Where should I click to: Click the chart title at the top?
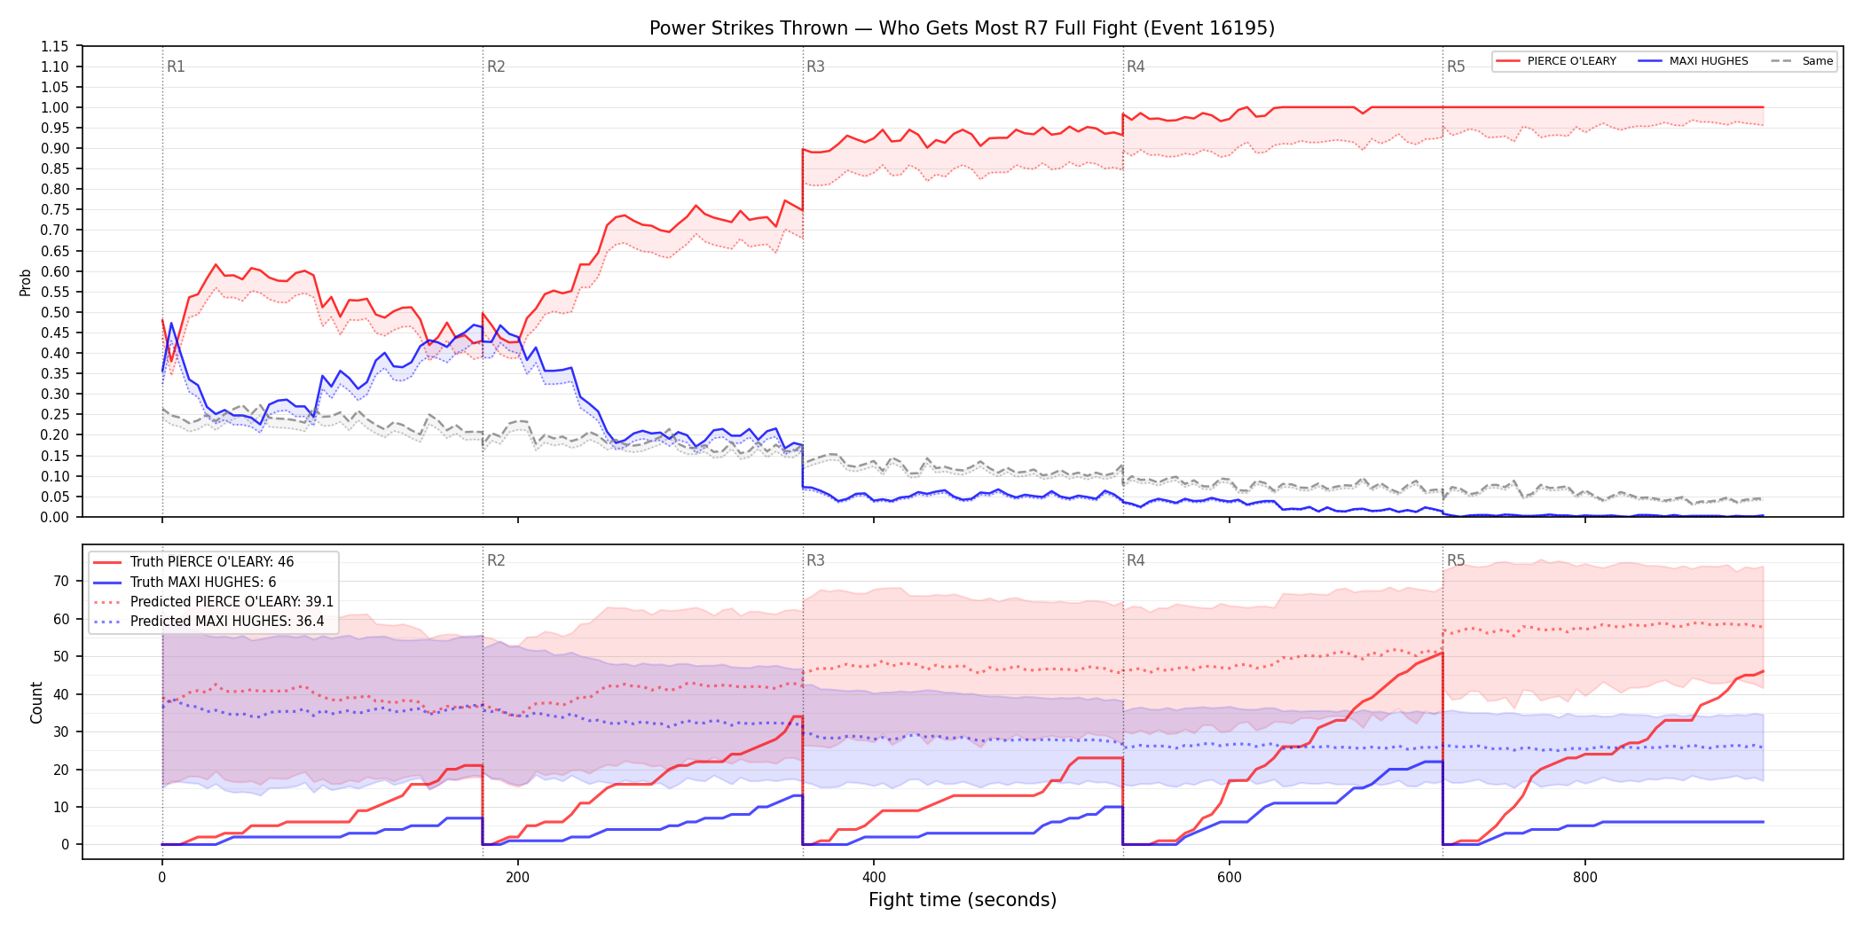click(962, 28)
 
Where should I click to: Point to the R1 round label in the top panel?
click(176, 66)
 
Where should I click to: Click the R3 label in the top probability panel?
click(815, 66)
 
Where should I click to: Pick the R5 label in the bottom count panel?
click(1456, 560)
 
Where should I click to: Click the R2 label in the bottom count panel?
click(496, 560)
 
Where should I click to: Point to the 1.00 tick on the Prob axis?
click(55, 107)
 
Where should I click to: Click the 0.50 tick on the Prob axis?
click(55, 312)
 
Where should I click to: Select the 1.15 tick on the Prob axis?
click(55, 46)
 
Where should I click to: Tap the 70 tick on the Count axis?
click(61, 582)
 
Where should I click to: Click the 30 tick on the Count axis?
click(61, 731)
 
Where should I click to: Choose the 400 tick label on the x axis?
click(874, 878)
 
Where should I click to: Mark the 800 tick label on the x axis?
click(1585, 878)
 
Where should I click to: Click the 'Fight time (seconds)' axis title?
click(963, 900)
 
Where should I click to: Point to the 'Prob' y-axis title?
click(26, 282)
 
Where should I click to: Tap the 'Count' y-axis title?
click(36, 702)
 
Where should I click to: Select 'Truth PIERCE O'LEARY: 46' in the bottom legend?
click(212, 562)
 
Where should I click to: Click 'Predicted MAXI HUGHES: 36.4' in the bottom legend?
click(227, 622)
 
